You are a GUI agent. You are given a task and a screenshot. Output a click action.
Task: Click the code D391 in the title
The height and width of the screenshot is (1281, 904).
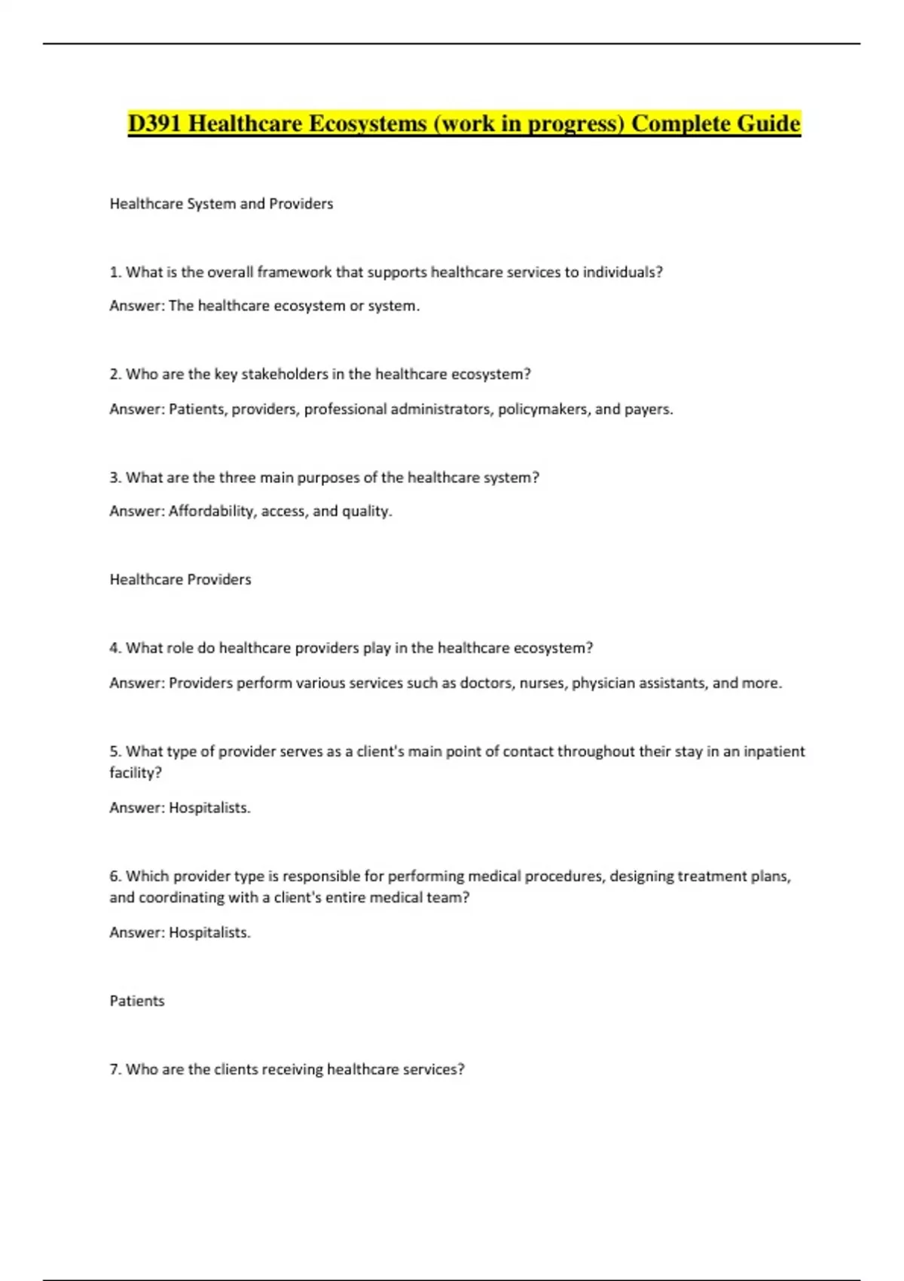154,123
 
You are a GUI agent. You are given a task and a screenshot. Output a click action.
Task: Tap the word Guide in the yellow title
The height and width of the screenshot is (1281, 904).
768,123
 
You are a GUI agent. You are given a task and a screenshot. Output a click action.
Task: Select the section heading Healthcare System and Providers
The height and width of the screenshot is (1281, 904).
221,203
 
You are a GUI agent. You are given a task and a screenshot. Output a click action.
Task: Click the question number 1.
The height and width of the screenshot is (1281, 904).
115,272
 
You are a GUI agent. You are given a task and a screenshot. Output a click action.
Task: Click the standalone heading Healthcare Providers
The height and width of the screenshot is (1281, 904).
180,579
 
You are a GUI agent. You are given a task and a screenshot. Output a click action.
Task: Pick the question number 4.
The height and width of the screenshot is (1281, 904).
115,648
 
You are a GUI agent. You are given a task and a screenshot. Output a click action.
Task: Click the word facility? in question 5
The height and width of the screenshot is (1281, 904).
136,772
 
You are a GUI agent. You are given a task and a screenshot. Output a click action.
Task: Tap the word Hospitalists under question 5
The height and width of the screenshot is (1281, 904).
209,808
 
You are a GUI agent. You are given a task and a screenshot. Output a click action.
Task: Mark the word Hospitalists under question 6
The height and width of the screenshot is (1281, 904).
209,932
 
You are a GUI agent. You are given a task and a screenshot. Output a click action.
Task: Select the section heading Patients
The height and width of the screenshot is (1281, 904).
136,1001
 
